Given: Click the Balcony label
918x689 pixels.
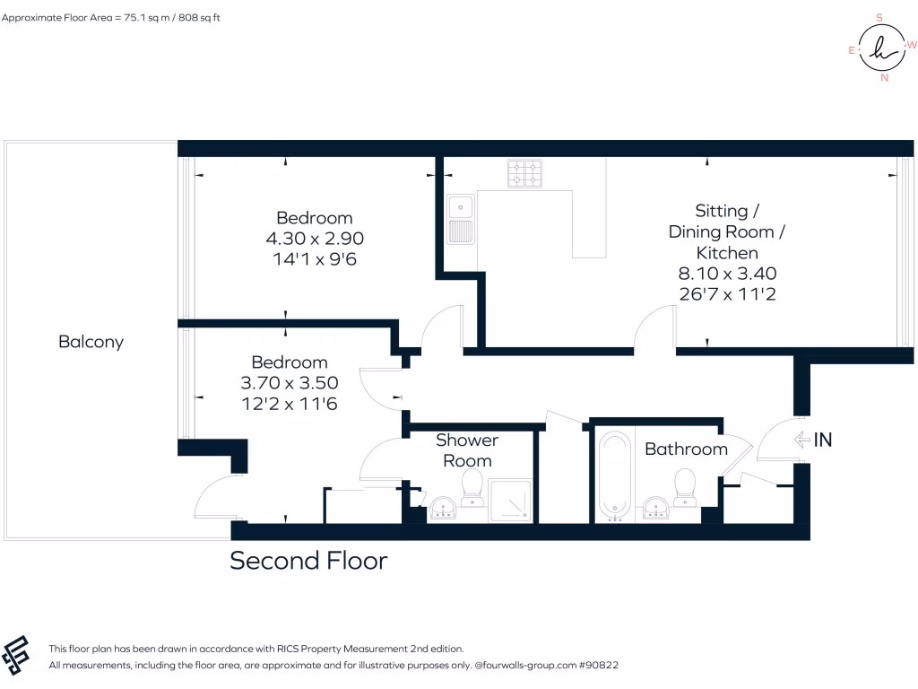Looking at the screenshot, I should click(91, 342).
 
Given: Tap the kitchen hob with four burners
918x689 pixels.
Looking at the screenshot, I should click(524, 173).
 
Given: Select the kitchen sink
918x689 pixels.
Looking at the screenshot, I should click(462, 219).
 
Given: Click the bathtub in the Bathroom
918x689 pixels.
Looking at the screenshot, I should click(615, 477).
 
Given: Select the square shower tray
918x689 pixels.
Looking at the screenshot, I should click(510, 501).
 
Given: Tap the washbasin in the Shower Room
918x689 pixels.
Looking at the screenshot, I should click(442, 509).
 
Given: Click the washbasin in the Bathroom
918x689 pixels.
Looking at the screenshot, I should click(657, 509).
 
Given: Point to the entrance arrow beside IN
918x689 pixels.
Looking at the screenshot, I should click(801, 440).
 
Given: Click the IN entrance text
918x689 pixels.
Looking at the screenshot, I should click(823, 440).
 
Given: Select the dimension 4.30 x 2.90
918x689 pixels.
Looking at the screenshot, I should click(314, 239).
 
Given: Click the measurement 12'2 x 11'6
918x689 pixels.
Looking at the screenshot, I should click(289, 404).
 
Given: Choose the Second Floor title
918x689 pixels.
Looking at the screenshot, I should click(308, 561).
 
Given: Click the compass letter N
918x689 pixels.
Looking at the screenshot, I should click(885, 78).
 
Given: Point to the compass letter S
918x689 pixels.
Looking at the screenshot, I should click(879, 17).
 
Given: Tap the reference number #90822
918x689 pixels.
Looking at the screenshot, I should click(598, 666).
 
